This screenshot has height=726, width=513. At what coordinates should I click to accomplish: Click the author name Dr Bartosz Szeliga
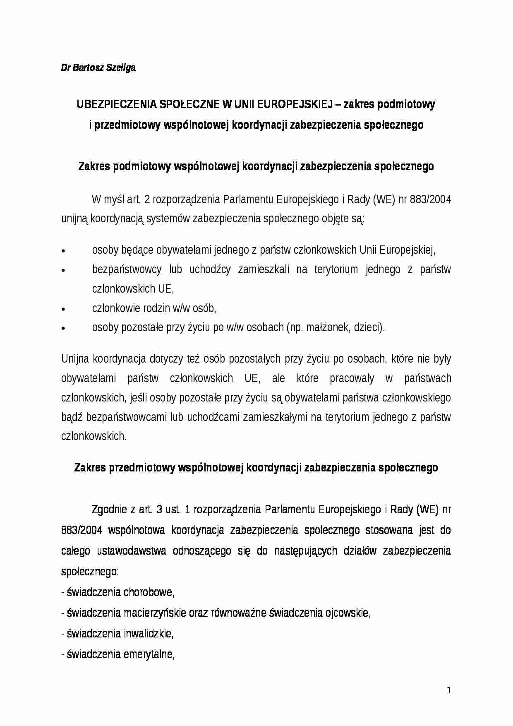click(98, 67)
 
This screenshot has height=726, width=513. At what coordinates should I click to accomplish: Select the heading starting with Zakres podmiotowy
click(256, 166)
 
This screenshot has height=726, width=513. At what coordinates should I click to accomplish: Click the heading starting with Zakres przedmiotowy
click(256, 468)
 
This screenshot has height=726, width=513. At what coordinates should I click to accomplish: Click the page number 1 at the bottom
click(449, 690)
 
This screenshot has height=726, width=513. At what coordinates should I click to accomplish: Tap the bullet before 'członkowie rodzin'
click(63, 309)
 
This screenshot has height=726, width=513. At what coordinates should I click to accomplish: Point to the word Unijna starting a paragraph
click(75, 359)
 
